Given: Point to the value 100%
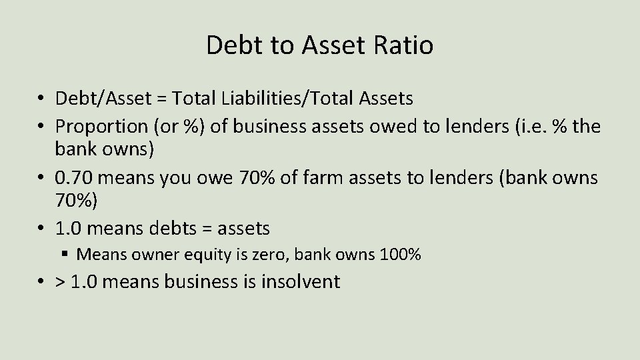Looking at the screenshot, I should pos(400,254).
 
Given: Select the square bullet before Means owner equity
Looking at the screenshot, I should pos(66,254).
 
